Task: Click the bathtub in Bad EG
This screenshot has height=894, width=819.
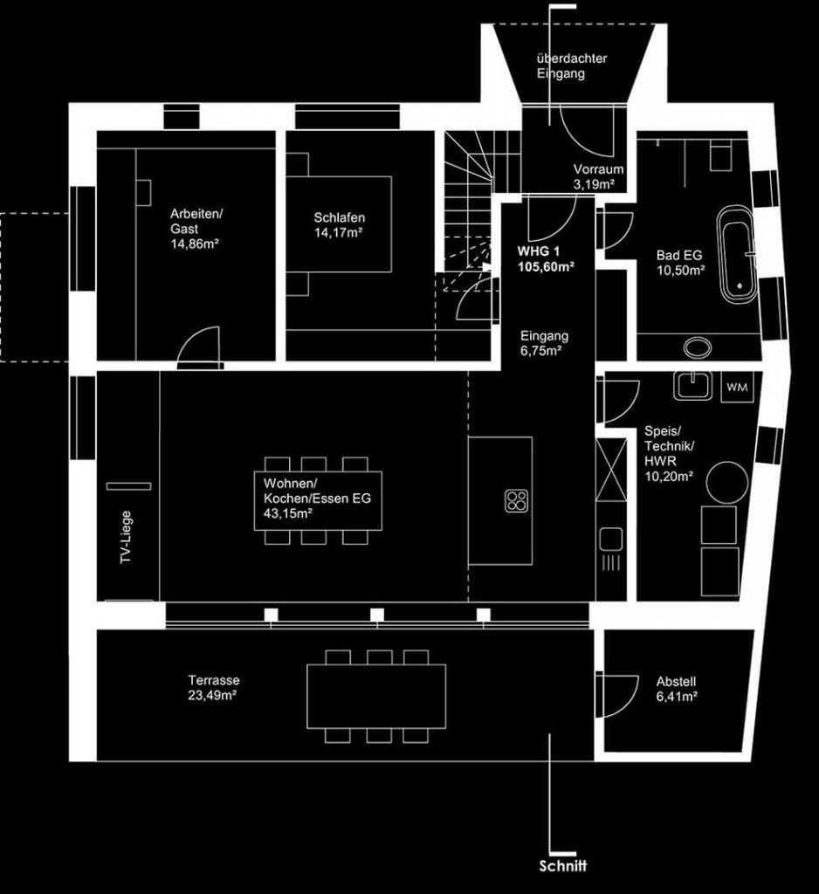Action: (x=738, y=254)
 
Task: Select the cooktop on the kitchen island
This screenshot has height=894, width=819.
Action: (x=516, y=500)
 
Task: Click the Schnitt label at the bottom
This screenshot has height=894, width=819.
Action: (x=563, y=866)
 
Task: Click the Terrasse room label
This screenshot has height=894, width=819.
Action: (x=213, y=681)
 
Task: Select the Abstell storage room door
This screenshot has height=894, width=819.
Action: (x=616, y=694)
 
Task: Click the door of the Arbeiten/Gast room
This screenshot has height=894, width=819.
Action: (x=199, y=344)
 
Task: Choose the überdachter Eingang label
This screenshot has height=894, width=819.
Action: (x=572, y=66)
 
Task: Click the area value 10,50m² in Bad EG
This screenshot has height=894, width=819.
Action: (x=680, y=271)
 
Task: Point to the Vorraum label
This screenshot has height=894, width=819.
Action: (x=597, y=169)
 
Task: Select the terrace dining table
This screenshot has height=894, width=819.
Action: (x=376, y=696)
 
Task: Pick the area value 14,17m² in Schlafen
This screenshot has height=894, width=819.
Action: (x=339, y=232)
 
